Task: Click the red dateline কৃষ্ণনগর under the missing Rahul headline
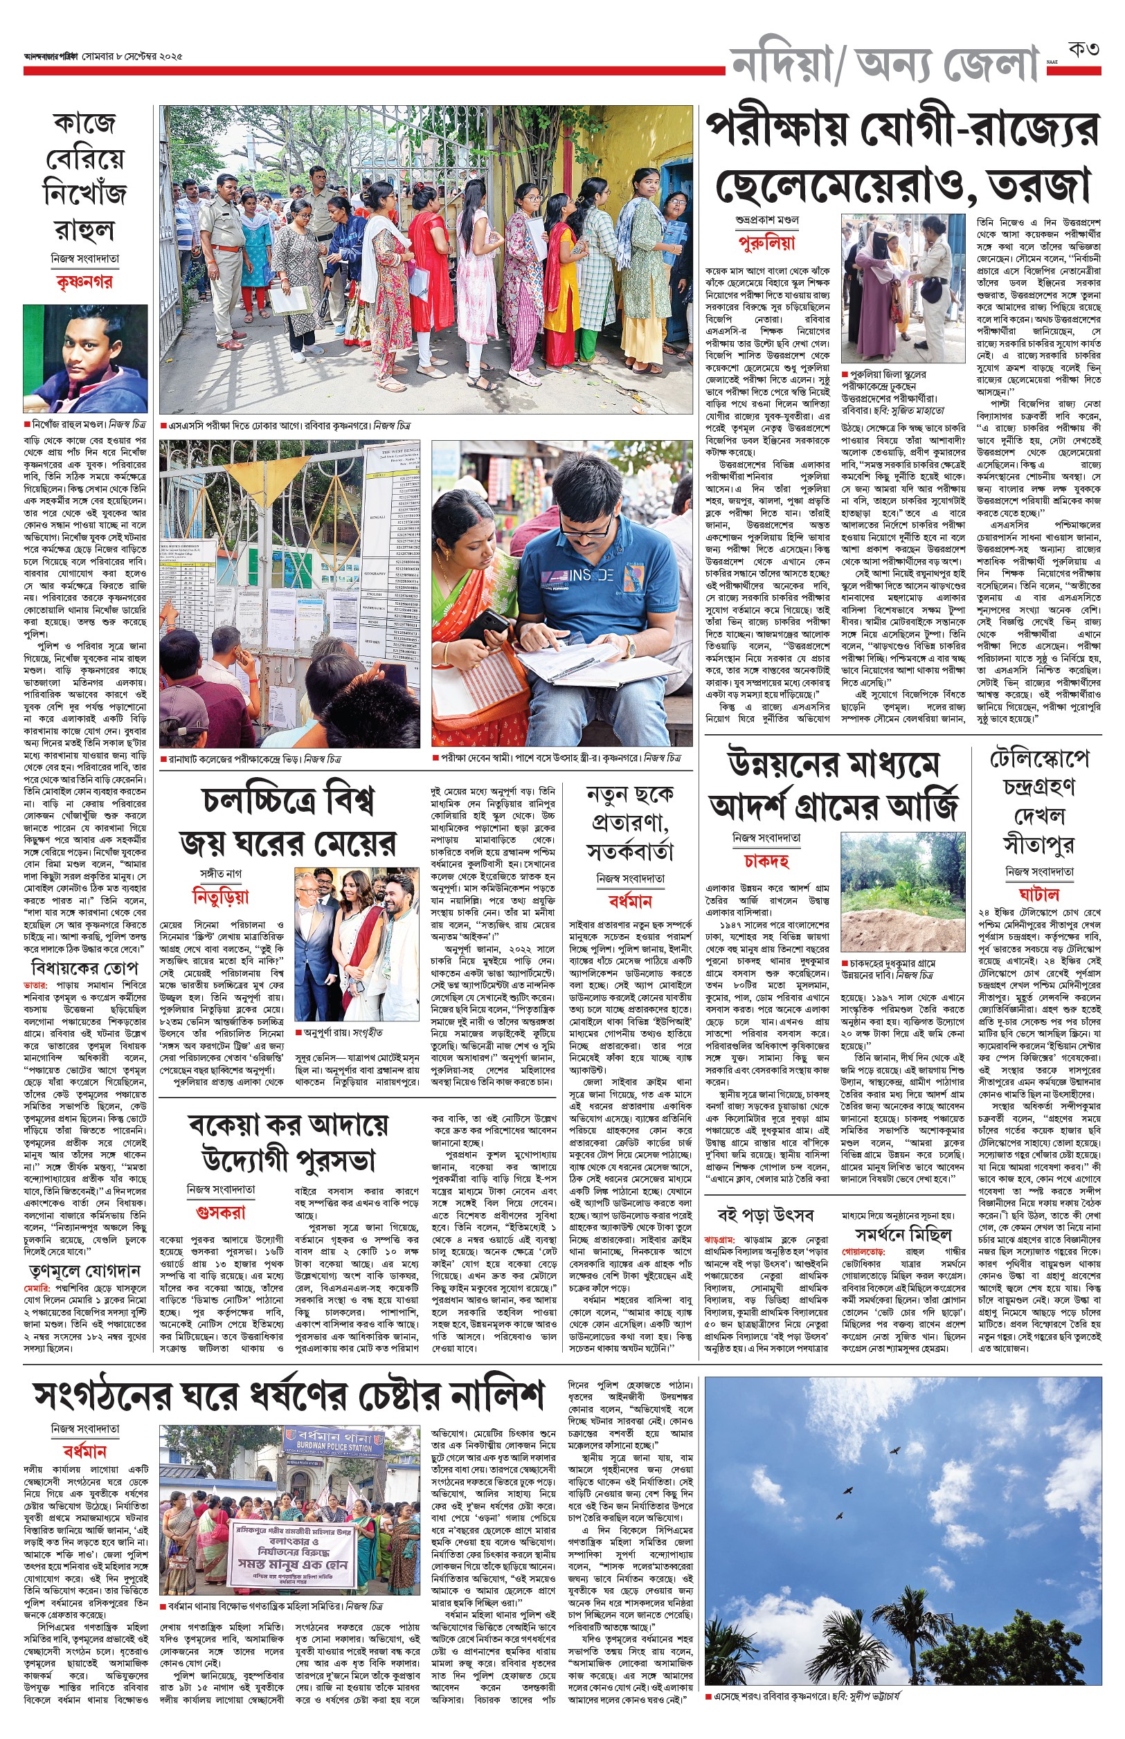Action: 84,282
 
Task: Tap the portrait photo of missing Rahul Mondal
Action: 84,358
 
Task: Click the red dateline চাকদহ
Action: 766,861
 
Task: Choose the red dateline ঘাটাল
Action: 1038,894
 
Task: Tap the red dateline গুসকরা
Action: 221,1212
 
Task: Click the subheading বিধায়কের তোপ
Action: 84,969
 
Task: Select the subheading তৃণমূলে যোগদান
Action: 84,1271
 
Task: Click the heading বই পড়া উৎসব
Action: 765,1216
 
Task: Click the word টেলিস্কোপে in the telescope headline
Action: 1038,760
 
